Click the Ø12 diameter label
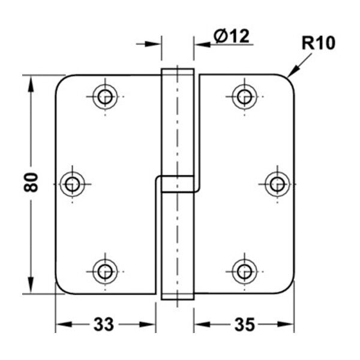click(x=231, y=36)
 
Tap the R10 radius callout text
click(x=319, y=43)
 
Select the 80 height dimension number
click(x=31, y=182)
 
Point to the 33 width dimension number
click(x=104, y=325)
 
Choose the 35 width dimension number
click(x=245, y=325)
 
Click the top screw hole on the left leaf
click(x=105, y=97)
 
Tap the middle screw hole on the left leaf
click(x=73, y=184)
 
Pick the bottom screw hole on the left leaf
click(x=105, y=272)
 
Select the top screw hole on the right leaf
click(x=244, y=97)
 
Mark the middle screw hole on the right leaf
click(x=277, y=184)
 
